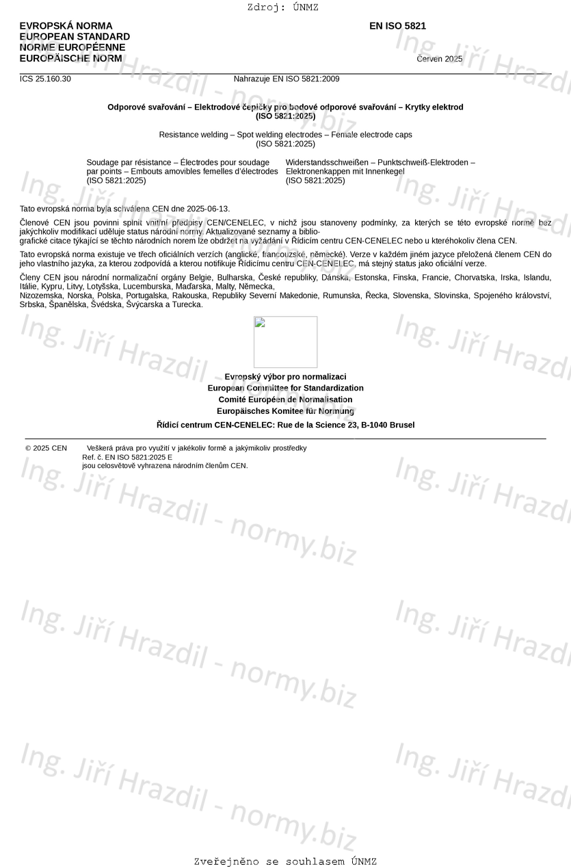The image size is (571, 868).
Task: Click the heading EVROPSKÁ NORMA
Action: pyautogui.click(x=66, y=26)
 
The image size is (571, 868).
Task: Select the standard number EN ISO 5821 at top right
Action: pyautogui.click(x=397, y=26)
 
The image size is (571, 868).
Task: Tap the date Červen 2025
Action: pyautogui.click(x=439, y=59)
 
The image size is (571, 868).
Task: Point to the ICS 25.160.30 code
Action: pyautogui.click(x=45, y=79)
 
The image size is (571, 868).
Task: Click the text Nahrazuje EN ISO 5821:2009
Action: pyautogui.click(x=286, y=79)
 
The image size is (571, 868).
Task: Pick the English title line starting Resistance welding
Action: pyautogui.click(x=285, y=135)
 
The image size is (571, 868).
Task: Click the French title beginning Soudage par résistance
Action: pyautogui.click(x=178, y=162)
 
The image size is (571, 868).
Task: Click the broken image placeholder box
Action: pyautogui.click(x=285, y=342)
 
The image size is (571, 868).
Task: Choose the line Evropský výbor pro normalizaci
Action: pyautogui.click(x=285, y=377)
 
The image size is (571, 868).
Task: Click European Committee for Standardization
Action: pyautogui.click(x=285, y=388)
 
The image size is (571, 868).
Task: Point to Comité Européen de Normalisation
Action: pyautogui.click(x=285, y=399)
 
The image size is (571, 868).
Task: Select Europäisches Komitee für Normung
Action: pyautogui.click(x=285, y=411)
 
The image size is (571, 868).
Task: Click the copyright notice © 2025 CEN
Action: pyautogui.click(x=46, y=448)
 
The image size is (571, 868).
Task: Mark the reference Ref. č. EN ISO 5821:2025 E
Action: pyautogui.click(x=127, y=457)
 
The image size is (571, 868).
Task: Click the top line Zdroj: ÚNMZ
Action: pyautogui.click(x=282, y=8)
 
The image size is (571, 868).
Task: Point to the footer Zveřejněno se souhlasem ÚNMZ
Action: pyautogui.click(x=285, y=862)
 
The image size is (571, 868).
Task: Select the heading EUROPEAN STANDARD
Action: pyautogui.click(x=75, y=37)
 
